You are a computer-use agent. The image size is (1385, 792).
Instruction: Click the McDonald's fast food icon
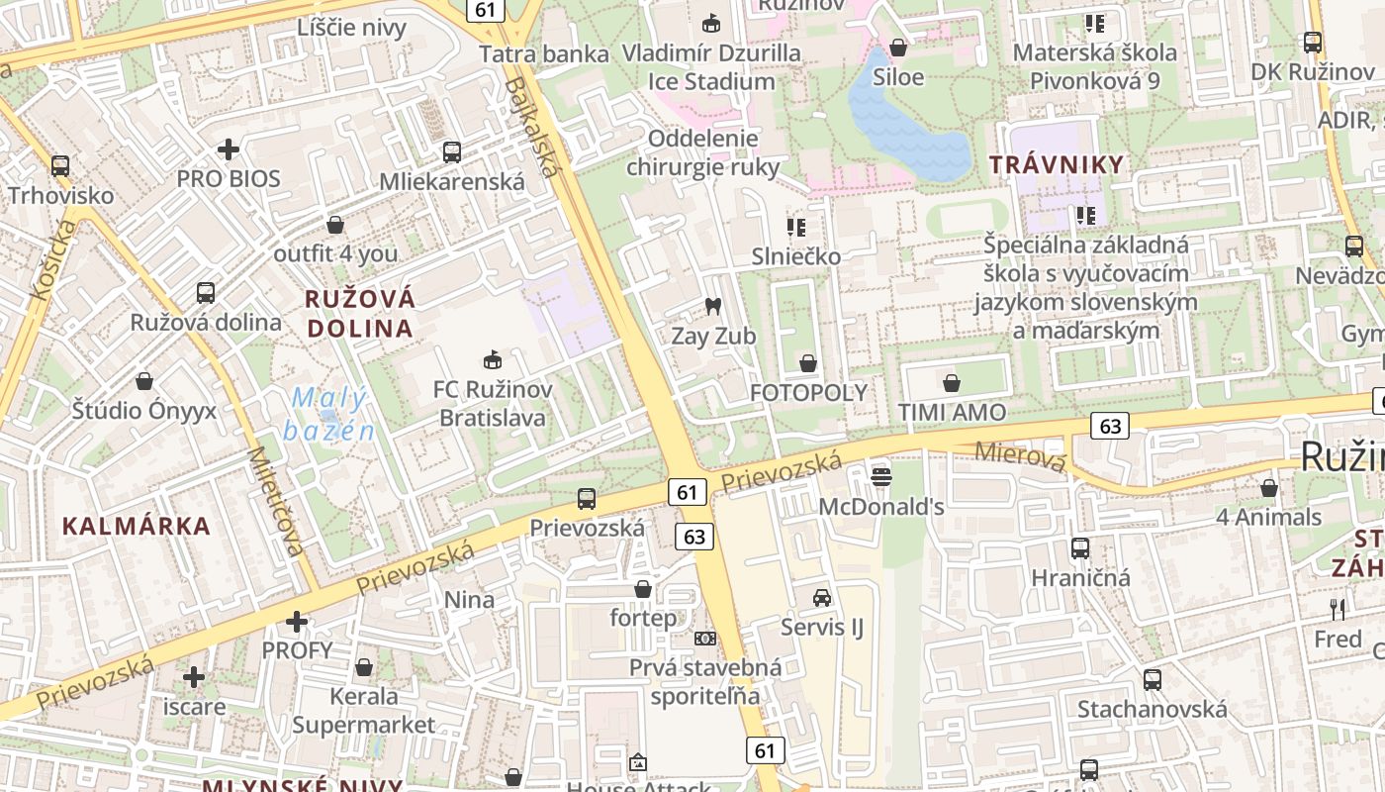(881, 477)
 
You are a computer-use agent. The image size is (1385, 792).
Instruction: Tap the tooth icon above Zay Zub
(712, 307)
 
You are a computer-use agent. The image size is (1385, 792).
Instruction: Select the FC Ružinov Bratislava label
(493, 404)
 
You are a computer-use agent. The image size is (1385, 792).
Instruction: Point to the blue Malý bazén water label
(329, 415)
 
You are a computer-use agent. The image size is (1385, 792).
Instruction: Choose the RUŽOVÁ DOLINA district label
(359, 314)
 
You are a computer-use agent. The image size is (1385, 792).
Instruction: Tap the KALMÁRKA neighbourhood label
(137, 526)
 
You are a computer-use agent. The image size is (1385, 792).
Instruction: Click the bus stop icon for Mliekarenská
(452, 151)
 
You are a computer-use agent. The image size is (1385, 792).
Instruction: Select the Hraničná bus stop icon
(1080, 547)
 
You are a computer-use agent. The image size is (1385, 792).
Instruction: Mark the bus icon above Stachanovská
(1153, 679)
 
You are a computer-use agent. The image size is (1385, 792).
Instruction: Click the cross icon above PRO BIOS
(229, 149)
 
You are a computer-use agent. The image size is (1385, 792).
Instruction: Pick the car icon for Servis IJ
(822, 597)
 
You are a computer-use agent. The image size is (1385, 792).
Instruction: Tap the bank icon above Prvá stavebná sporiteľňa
(705, 639)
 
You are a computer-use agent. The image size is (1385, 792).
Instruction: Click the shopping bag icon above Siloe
(898, 47)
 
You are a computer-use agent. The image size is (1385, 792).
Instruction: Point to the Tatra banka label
(543, 53)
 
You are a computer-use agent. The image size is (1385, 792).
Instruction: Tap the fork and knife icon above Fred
(1338, 609)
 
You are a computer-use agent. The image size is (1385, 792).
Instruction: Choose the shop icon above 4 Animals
(1269, 487)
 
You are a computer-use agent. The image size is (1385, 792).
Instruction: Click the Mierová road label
(1021, 456)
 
